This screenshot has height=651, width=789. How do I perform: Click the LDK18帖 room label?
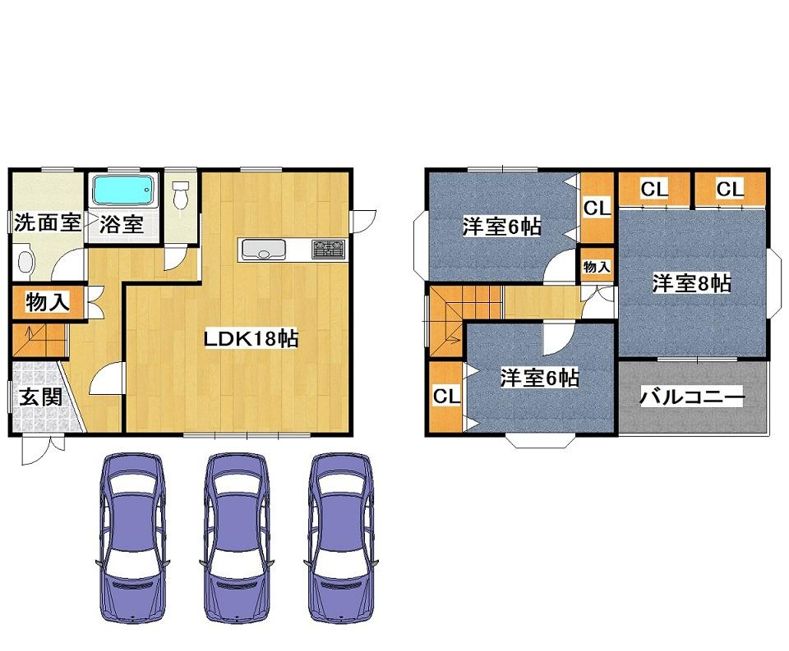pos(251,337)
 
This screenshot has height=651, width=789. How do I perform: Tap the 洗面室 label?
pos(46,223)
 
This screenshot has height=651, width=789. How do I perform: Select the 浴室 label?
pos(122,224)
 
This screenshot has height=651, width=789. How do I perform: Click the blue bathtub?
pos(123,190)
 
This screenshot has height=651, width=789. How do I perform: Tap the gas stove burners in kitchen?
pos(329,248)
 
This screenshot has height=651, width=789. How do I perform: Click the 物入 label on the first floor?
pos(47,302)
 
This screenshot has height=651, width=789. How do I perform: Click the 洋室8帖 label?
pos(692,284)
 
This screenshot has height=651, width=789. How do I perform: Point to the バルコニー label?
pos(692,398)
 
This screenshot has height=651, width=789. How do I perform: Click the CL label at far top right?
pos(729,190)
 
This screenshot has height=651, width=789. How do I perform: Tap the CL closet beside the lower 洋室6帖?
pos(445,397)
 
